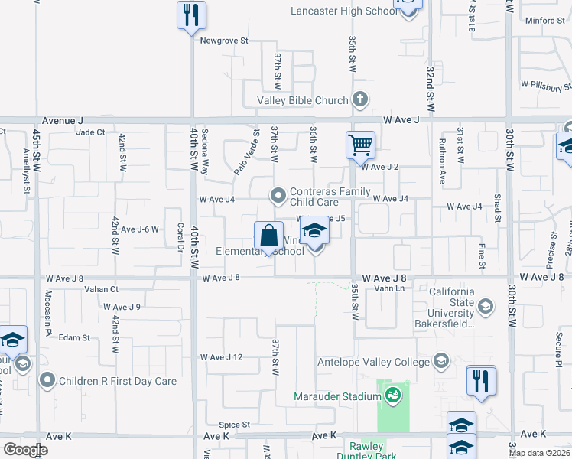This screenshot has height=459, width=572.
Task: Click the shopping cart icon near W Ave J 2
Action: (x=360, y=143)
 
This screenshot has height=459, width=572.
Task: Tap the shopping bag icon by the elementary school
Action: (x=268, y=236)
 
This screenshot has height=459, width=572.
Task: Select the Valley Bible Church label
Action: (x=303, y=100)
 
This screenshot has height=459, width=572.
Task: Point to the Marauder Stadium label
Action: (x=337, y=396)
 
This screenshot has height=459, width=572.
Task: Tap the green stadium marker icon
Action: (x=392, y=396)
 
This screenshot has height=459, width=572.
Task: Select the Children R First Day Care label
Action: (x=119, y=380)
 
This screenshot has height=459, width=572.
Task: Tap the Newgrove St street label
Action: (x=225, y=40)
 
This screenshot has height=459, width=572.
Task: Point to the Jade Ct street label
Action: (x=91, y=132)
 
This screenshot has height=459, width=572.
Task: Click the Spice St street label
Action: (x=235, y=424)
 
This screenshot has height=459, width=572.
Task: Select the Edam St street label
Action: (x=74, y=337)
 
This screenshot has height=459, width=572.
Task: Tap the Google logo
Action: (x=25, y=450)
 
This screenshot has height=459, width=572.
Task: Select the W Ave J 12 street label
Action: (x=221, y=357)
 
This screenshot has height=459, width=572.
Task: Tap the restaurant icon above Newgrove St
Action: (x=190, y=15)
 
